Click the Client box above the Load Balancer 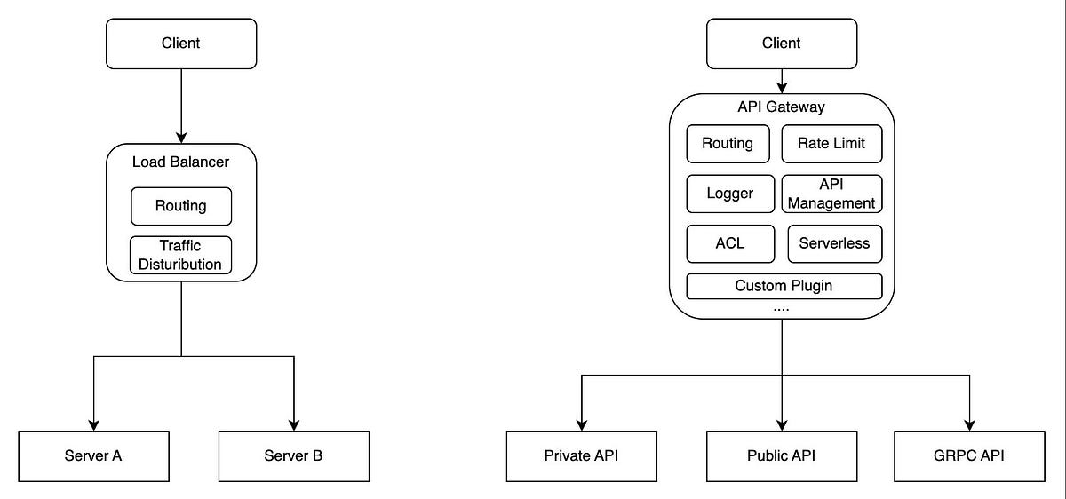click(181, 43)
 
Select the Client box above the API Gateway click(782, 43)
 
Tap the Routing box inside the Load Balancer click(181, 206)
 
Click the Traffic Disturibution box click(181, 255)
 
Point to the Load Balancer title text click(181, 162)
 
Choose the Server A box click(93, 455)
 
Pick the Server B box click(293, 455)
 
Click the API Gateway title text click(782, 107)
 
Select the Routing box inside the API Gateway click(728, 144)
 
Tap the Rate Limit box click(831, 144)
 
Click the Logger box click(730, 194)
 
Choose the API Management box click(832, 194)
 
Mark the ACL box click(730, 243)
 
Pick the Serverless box click(834, 243)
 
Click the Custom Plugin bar click(784, 286)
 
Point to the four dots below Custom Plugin click(782, 308)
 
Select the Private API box click(581, 455)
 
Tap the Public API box click(782, 455)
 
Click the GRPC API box click(969, 455)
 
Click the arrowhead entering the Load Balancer click(181, 137)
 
